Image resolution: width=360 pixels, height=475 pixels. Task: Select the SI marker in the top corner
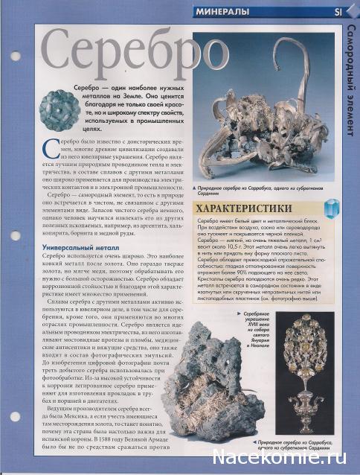click(x=337, y=12)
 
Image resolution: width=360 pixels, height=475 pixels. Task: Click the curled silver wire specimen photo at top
click(x=268, y=104)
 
